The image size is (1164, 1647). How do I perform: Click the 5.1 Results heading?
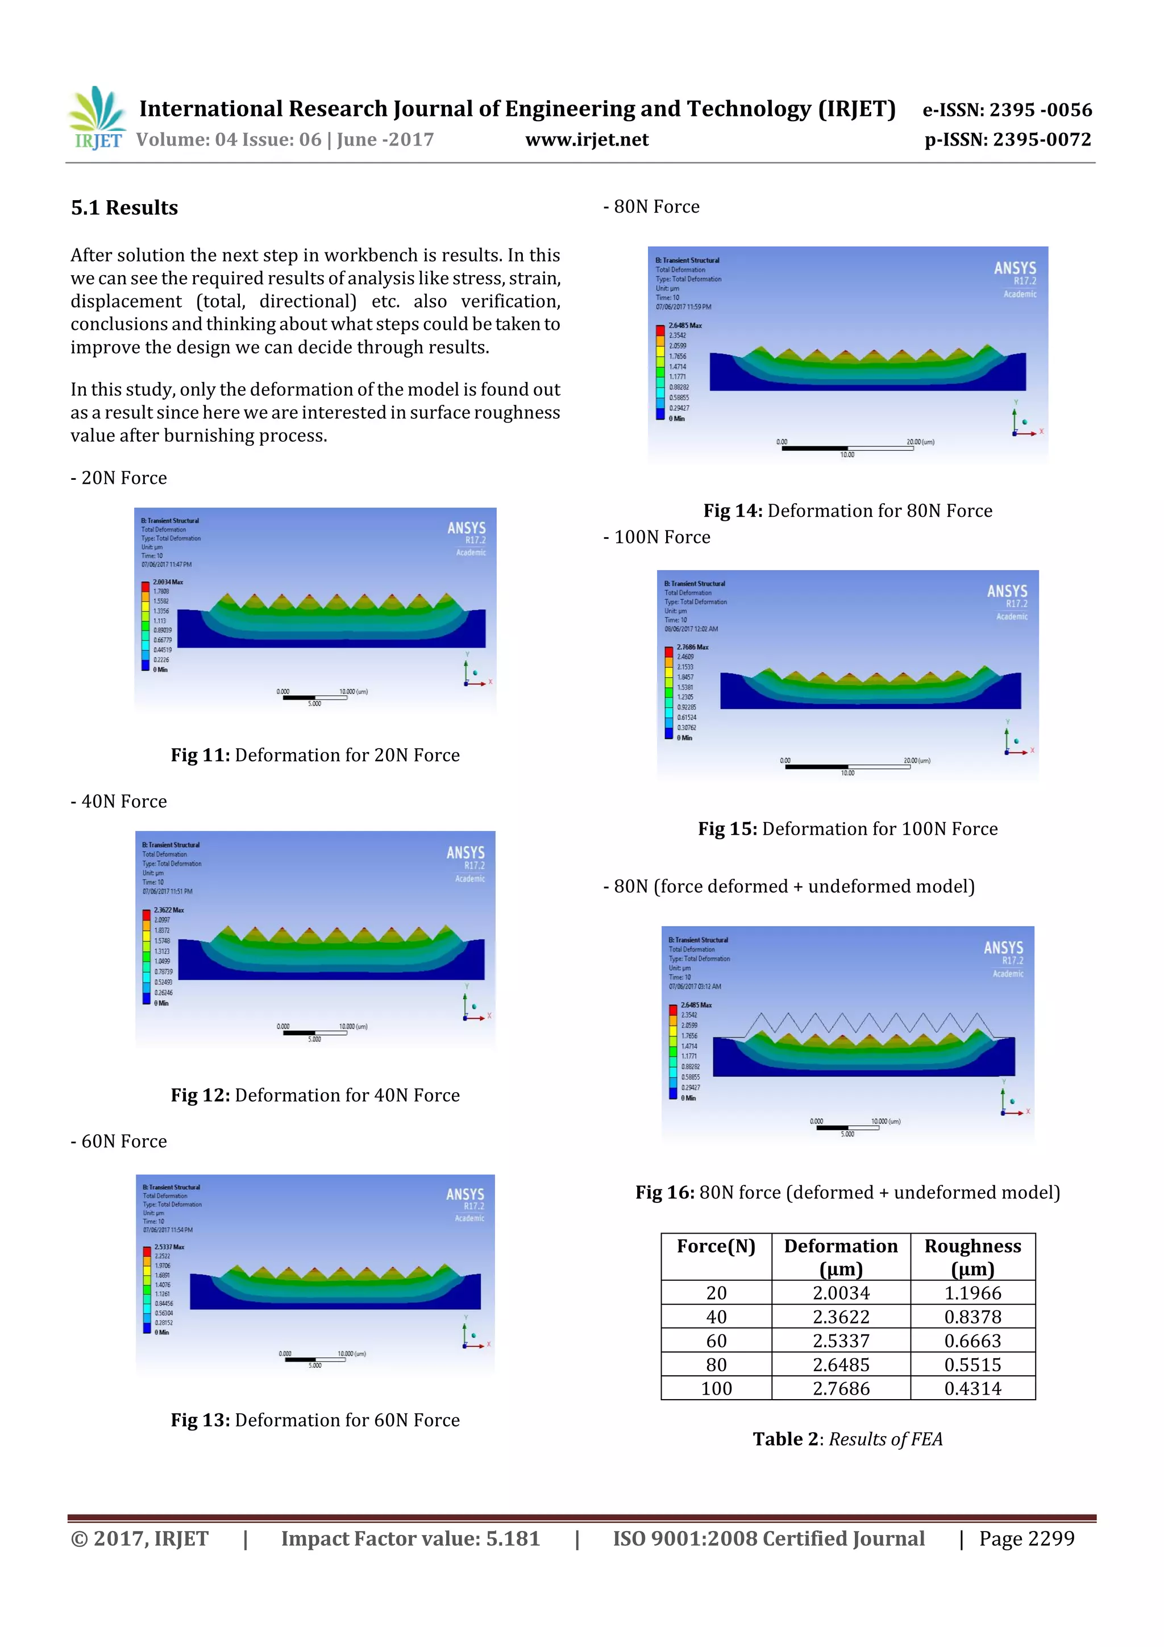124,208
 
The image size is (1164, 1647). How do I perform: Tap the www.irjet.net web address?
586,140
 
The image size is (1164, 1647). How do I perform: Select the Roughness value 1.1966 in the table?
972,1293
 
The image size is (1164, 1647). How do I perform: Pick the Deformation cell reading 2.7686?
841,1388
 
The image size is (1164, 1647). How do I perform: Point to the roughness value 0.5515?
972,1364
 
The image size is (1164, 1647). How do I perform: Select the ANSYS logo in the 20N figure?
466,529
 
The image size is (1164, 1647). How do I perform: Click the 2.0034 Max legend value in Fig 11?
168,582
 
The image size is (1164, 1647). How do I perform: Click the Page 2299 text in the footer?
1026,1538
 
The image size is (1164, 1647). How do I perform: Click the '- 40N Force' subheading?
119,801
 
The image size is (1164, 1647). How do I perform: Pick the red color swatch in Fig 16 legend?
673,1010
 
